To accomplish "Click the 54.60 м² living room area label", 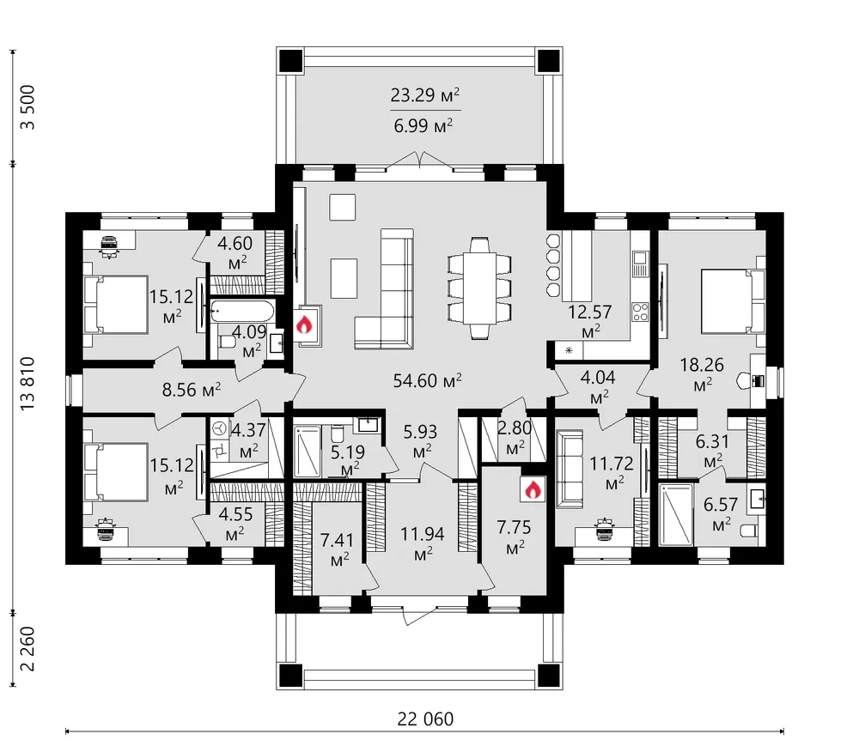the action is tap(427, 379).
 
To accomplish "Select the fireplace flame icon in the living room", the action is tap(304, 324).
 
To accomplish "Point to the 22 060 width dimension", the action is tap(425, 718).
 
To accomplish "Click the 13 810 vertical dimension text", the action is tap(27, 384).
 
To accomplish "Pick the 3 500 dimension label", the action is tap(27, 107).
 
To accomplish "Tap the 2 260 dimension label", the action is tap(27, 649).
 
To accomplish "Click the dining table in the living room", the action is tap(479, 288).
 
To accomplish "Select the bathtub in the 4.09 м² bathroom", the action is tap(242, 310).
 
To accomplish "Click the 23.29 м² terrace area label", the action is tap(424, 95).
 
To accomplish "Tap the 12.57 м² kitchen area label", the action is tap(590, 320).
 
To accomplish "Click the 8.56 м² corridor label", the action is tap(192, 390).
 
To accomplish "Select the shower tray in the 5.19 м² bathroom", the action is tap(307, 452).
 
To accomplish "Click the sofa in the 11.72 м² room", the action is tap(570, 469).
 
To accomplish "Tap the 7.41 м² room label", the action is tap(337, 549).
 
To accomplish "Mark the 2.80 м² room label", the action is tap(514, 437).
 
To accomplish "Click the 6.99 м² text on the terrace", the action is tap(423, 126).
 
